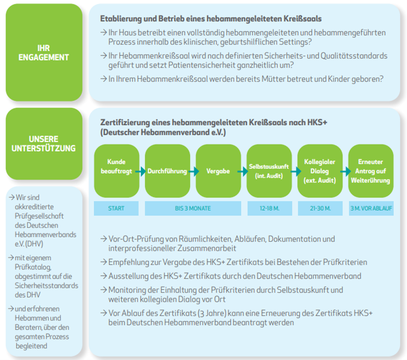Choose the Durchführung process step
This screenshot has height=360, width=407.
(167, 171)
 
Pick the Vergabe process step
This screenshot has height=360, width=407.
(218, 171)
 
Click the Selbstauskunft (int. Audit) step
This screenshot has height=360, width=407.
(269, 171)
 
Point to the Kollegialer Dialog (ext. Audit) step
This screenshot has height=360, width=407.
(320, 171)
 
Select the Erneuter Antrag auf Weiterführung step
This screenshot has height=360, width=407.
(371, 171)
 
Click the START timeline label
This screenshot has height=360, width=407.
(116, 209)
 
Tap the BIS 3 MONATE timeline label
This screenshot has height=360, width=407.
(192, 209)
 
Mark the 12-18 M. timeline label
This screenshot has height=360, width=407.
(269, 209)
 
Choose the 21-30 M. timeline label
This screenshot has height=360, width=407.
(320, 209)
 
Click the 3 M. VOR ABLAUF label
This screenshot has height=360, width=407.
(371, 209)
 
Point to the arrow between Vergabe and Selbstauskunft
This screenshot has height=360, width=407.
(243, 171)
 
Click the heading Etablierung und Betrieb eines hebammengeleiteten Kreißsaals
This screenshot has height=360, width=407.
(210, 19)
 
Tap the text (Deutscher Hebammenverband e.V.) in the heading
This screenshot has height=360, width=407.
(163, 132)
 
